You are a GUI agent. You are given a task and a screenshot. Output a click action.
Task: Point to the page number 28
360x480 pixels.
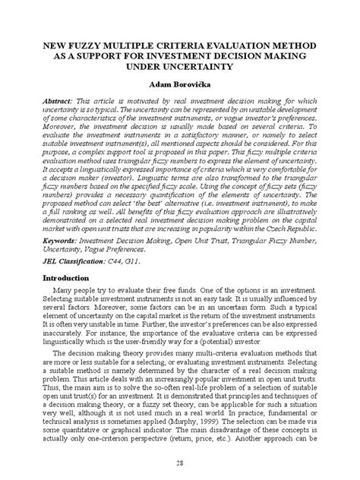pos(180,464)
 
